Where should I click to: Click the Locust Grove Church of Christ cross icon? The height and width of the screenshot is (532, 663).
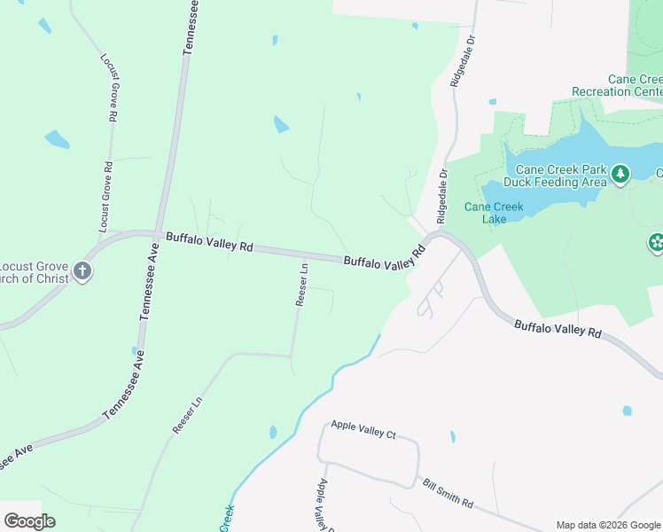point(82,271)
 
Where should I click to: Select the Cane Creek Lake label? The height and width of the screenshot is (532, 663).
point(495,213)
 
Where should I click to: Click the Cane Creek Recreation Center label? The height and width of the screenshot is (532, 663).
point(619,85)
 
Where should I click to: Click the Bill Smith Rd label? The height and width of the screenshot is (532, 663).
point(448,494)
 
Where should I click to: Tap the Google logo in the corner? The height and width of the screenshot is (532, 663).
point(29,521)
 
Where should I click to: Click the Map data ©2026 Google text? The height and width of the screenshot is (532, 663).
point(608,525)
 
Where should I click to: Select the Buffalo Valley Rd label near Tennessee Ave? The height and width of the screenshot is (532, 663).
point(209,242)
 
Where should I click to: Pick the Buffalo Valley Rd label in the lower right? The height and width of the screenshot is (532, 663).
point(558,328)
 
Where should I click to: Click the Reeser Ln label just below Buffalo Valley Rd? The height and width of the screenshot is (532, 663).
point(301,284)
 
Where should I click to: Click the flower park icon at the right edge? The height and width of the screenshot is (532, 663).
point(656,241)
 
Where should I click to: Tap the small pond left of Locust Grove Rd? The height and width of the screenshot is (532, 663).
point(57,139)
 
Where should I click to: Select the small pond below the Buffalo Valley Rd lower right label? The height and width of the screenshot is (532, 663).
point(628,411)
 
